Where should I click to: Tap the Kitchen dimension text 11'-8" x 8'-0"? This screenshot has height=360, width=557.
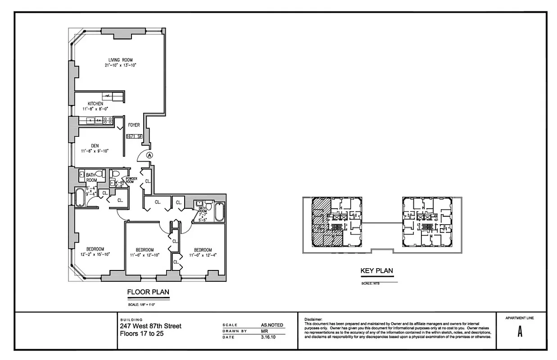coord(95,109)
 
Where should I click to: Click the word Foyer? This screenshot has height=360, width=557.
coord(134,125)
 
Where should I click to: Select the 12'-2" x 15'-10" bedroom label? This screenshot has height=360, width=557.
coord(95,252)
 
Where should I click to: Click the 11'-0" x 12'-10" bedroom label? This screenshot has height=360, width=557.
coord(145,253)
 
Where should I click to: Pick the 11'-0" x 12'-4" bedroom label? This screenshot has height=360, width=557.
coord(203,253)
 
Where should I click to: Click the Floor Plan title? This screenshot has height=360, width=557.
coord(148,292)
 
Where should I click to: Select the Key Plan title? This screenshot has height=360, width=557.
coord(377,271)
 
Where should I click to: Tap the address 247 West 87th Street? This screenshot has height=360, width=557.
coord(150,326)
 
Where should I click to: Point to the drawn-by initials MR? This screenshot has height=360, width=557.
coord(265,331)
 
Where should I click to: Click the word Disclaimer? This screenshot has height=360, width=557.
coord(314,319)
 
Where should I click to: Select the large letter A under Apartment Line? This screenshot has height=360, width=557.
coord(520,333)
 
